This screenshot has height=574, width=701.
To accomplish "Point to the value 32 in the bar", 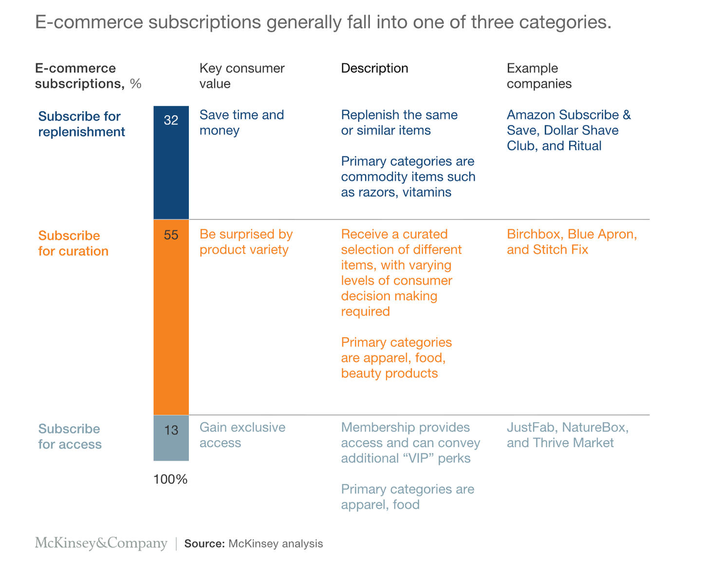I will pos(171,120).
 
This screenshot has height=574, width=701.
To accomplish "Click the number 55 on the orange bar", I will pos(171,235).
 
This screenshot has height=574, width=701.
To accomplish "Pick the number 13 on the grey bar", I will pos(171,430).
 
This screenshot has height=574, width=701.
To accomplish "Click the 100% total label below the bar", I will pos(170,480).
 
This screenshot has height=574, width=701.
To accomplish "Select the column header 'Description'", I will pos(374,68).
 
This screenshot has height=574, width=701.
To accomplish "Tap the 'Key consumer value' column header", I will pos(242,76).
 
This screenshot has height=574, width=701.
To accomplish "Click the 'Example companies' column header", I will pos(539,76).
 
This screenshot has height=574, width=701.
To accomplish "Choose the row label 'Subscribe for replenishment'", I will pos(81,124).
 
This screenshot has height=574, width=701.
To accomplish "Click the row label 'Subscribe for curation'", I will pos(73,243).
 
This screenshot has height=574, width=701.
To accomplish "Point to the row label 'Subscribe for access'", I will pos(70,436).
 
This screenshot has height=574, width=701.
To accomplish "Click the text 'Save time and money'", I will pos(241,123).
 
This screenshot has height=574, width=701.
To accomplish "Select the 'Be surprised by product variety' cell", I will pos(246,242).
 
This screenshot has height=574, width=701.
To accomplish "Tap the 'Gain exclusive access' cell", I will pos(242,435).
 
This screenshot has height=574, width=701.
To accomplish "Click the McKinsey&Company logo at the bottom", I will pos(101,543).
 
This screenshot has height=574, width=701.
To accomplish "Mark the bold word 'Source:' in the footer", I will pos(204,544).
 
